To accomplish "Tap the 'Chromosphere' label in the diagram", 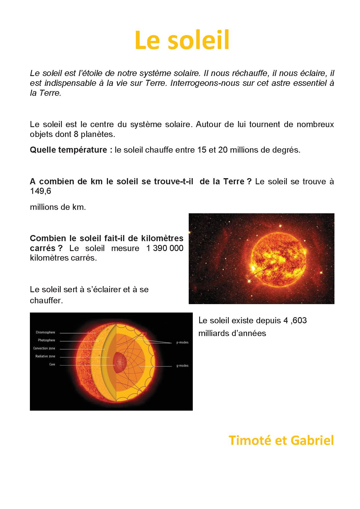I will coord(45,333).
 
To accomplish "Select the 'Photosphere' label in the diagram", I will coord(46,340).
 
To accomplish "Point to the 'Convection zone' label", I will coord(44,349).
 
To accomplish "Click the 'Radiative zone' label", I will coord(45,356).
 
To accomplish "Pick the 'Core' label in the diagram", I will coord(52,364).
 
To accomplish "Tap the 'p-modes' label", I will coord(182,342).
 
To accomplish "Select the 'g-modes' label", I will coord(182,366).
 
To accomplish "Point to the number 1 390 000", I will coord(165,248).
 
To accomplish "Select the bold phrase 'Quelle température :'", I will coord(71,150).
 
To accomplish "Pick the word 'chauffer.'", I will coord(46,300).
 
